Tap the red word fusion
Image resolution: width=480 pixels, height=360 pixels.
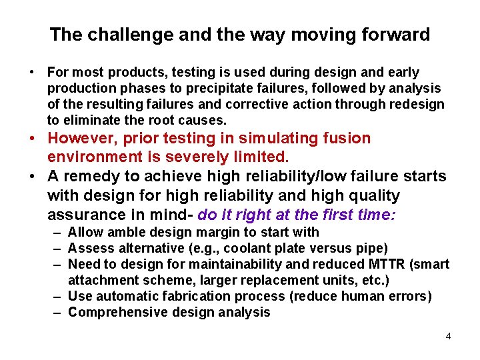pos(343,139)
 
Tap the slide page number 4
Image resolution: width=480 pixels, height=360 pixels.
pos(448,336)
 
